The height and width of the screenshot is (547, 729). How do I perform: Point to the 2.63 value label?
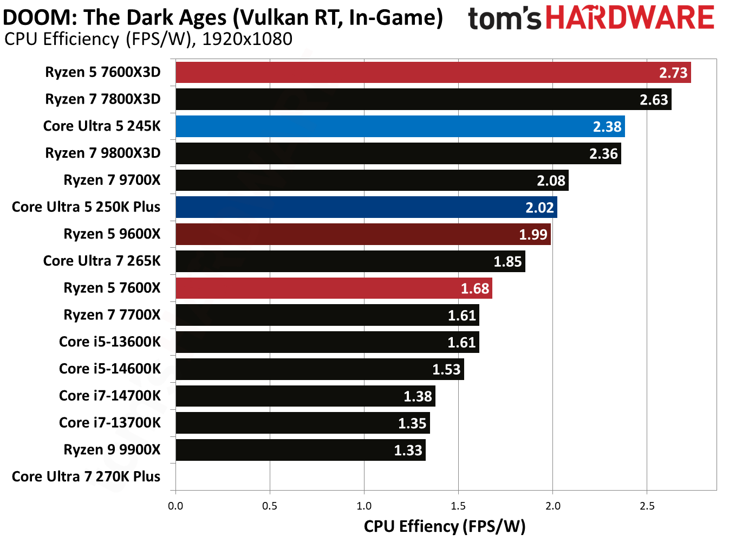point(654,100)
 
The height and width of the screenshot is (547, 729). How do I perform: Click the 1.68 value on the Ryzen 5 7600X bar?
point(475,288)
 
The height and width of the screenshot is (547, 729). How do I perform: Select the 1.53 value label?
point(446,370)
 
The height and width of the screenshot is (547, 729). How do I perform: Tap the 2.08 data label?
point(551,181)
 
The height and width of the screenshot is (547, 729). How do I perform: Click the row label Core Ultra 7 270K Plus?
point(86,477)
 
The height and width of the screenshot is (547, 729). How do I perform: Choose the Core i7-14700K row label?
point(109,396)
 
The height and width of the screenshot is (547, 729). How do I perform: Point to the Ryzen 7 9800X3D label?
point(103,153)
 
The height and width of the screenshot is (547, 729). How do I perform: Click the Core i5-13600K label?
point(109,342)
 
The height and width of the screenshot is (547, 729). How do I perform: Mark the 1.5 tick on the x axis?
point(458,506)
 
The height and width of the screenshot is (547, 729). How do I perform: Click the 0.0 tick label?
point(175,506)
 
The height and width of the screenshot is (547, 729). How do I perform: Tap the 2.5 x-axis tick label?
point(647,506)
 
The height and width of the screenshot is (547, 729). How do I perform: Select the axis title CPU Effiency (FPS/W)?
point(445,526)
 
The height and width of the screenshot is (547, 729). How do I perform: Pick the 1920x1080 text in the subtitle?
point(247,39)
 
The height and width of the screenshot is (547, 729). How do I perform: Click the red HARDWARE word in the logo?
point(630,18)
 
